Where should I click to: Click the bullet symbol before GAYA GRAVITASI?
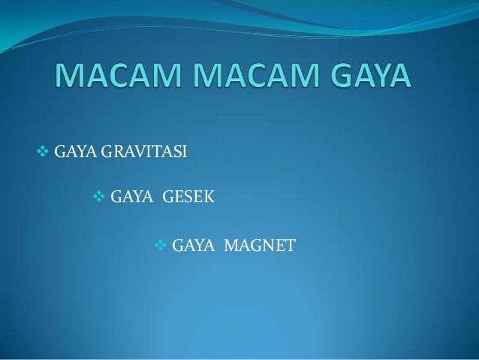42,155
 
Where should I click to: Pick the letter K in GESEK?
209,198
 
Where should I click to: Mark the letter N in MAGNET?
267,246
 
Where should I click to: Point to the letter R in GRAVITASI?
116,156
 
